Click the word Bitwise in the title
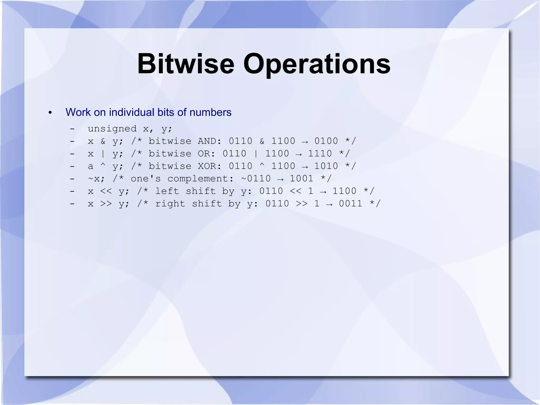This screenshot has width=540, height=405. pyautogui.click(x=186, y=64)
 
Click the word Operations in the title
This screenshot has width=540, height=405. pyautogui.click(x=316, y=64)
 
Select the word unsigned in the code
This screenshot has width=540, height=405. pyautogui.click(x=112, y=129)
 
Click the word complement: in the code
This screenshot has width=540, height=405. pyautogui.click(x=200, y=179)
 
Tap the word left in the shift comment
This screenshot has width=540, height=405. pyautogui.click(x=167, y=191)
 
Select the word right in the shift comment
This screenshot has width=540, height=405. pyautogui.click(x=170, y=204)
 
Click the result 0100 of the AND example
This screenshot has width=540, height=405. pyautogui.click(x=326, y=141)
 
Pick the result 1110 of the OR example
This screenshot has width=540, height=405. pyautogui.click(x=320, y=154)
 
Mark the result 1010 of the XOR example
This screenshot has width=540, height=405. pyautogui.click(x=326, y=166)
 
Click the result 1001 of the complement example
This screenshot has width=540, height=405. pyautogui.click(x=302, y=179)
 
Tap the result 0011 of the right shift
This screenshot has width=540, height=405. pyautogui.click(x=351, y=204)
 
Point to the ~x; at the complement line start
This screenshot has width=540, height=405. pyautogui.click(x=97, y=179)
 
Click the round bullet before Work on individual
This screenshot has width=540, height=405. pyautogui.click(x=50, y=113)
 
